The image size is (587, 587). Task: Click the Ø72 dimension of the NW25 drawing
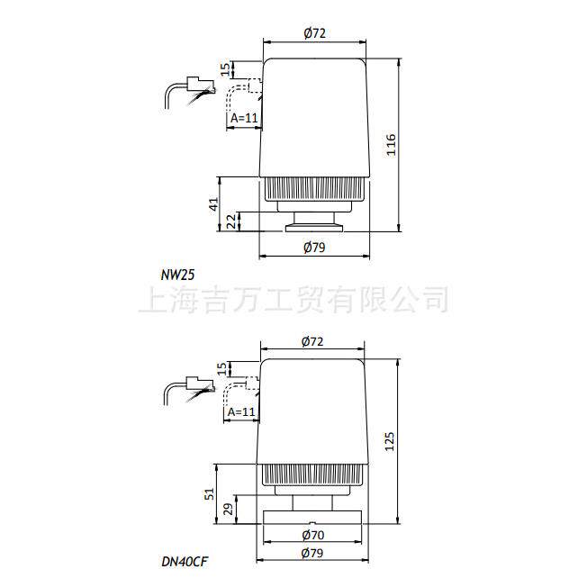tap(314, 33)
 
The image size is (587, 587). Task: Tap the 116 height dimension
tap(391, 145)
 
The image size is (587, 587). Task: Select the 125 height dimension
tap(390, 441)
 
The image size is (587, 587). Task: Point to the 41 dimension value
tap(213, 204)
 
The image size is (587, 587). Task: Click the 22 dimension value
tap(232, 221)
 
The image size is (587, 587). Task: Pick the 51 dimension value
tap(211, 493)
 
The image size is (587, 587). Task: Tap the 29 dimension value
tap(229, 510)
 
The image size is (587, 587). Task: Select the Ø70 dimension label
tap(313, 535)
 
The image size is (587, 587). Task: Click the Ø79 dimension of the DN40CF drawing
tap(312, 553)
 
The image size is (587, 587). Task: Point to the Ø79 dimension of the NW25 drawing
tap(314, 247)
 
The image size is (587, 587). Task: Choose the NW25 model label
tap(178, 275)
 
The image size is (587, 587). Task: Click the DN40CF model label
tap(185, 562)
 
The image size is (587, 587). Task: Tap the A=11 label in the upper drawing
tap(244, 118)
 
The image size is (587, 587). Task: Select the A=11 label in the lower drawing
tap(241, 411)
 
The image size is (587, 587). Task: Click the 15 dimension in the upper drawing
tap(225, 69)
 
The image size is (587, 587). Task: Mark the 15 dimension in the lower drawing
tap(222, 369)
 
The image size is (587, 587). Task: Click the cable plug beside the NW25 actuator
tap(201, 86)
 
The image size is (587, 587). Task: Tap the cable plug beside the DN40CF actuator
tap(200, 384)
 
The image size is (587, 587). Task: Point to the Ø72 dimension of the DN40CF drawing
tap(312, 341)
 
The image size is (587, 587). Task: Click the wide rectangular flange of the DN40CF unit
tap(312, 518)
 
